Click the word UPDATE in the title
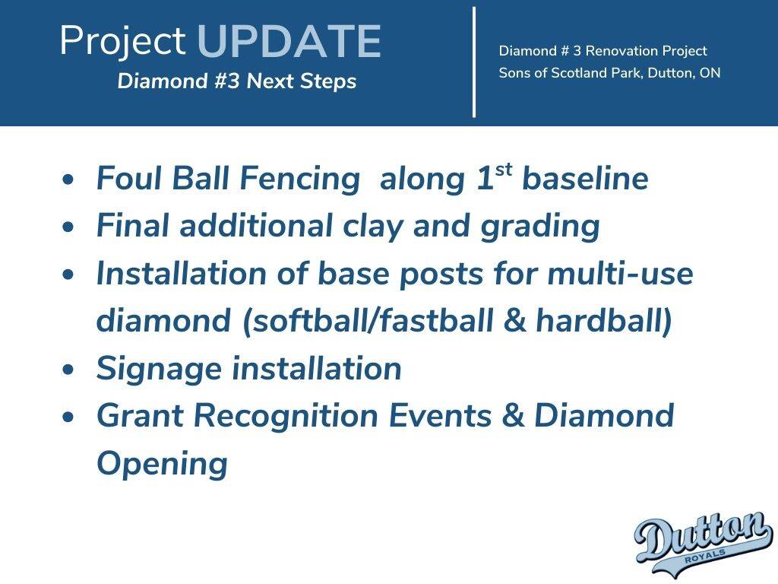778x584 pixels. pos(289,41)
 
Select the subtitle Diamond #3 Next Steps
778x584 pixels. pos(237,81)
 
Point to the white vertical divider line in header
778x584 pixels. pos(474,62)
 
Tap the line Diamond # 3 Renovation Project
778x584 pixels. pos(602,51)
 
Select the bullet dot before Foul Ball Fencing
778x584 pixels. pos(68,179)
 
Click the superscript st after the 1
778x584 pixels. pos(503,170)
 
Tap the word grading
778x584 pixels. pos(540,227)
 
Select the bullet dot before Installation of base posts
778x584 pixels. pos(68,274)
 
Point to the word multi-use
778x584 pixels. pos(620,274)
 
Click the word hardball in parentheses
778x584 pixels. pos(600,320)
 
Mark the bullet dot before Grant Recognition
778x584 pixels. pos(68,417)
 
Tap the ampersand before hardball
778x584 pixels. pos(514,321)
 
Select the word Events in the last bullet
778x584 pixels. pos(441,415)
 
